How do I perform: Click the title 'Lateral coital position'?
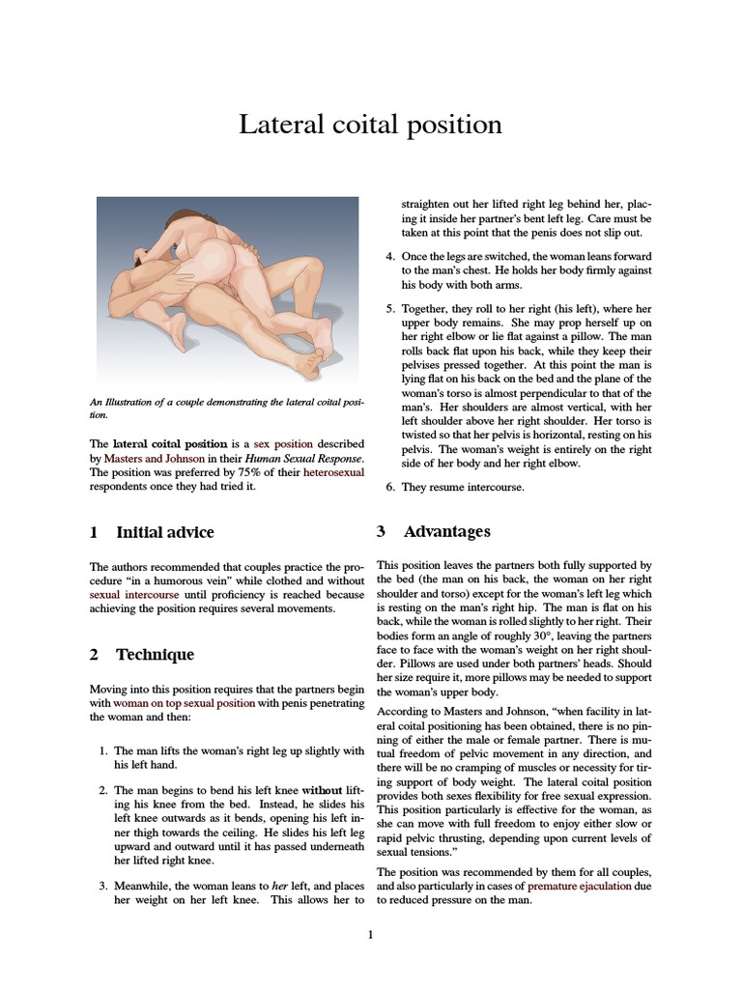[370, 125]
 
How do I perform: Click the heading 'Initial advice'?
[164, 532]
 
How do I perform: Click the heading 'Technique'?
[155, 654]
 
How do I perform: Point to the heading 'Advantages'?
[446, 531]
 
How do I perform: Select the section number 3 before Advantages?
[382, 531]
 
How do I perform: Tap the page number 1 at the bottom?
[370, 934]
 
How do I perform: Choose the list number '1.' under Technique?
[104, 750]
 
